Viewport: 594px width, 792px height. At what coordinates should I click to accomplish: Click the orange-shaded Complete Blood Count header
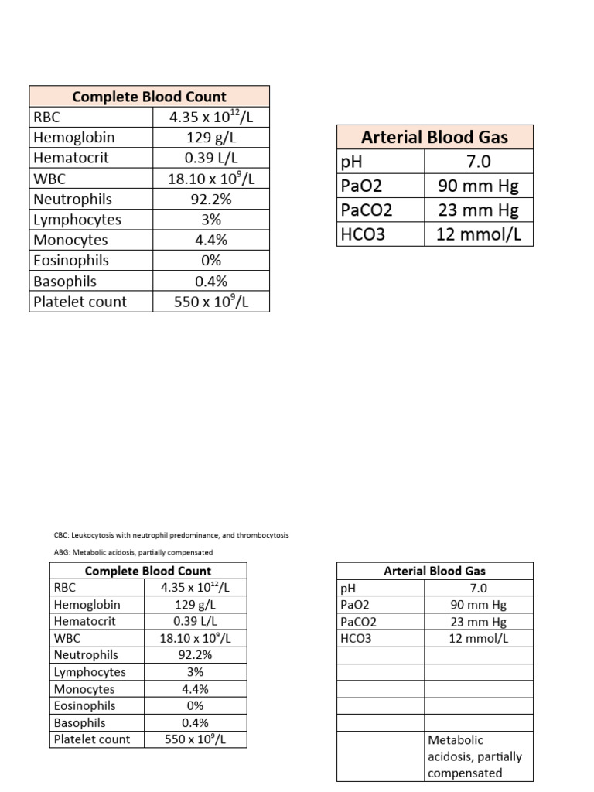click(x=149, y=97)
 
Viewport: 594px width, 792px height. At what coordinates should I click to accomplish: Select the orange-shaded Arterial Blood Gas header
click(x=435, y=137)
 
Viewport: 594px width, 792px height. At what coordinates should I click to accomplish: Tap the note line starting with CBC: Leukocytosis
click(x=171, y=535)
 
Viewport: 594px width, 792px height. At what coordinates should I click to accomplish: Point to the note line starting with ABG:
click(x=133, y=552)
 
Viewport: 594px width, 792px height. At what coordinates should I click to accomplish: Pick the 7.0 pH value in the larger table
click(x=479, y=162)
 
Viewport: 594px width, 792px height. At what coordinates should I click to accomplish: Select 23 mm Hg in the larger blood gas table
click(x=479, y=210)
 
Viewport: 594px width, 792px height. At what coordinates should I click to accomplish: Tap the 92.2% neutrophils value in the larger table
click(x=211, y=199)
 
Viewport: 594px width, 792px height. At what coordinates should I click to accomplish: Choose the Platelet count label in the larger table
click(x=80, y=302)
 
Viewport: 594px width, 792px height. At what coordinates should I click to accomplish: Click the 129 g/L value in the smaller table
click(x=195, y=605)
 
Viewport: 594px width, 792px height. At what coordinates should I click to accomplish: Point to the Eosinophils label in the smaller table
click(x=85, y=705)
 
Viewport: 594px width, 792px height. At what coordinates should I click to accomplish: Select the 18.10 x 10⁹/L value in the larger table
click(x=211, y=179)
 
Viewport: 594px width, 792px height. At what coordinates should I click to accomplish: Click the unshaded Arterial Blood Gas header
click(x=435, y=571)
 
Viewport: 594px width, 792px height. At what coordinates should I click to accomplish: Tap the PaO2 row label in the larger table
click(x=361, y=186)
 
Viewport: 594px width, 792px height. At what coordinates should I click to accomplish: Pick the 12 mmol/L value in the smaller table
click(x=479, y=638)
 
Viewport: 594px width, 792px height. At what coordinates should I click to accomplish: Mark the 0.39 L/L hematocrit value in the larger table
click(x=211, y=158)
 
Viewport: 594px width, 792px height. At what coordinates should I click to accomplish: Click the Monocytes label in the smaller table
click(x=84, y=689)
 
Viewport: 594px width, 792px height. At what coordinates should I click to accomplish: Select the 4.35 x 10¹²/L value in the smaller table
click(x=195, y=588)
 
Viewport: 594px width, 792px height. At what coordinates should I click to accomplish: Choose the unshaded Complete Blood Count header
click(x=148, y=571)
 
